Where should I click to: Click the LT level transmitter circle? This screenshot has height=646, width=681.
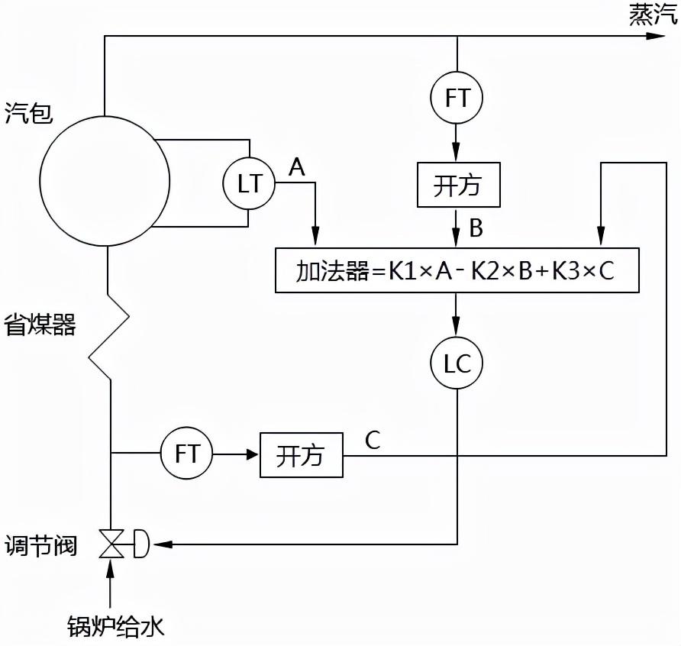[x=249, y=183]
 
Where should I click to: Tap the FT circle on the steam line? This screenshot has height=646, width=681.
[x=457, y=98]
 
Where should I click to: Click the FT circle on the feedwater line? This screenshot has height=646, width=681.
[x=187, y=454]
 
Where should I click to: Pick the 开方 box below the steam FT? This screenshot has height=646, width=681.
[x=458, y=185]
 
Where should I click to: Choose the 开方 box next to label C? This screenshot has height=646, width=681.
[x=301, y=455]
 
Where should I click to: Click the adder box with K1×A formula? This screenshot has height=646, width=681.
[x=456, y=270]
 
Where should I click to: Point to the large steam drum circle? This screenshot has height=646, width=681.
[x=105, y=181]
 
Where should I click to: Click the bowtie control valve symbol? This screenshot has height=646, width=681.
[x=111, y=544]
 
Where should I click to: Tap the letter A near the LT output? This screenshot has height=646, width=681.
[x=296, y=168]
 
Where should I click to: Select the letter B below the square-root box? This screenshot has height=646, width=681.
[x=476, y=228]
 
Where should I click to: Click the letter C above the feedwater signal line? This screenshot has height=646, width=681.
[x=373, y=441]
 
